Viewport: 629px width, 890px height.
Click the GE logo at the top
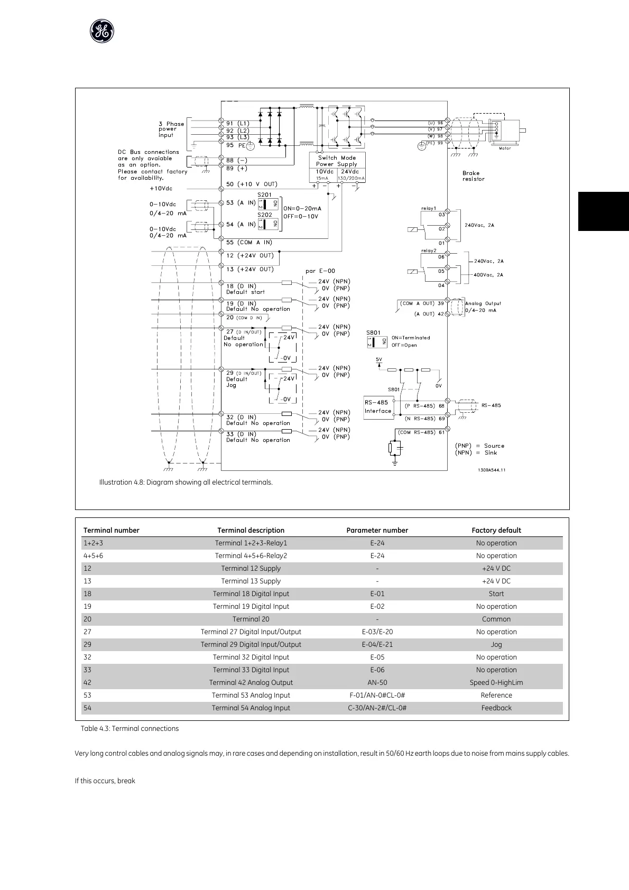click(101, 32)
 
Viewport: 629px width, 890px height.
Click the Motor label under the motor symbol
click(505, 149)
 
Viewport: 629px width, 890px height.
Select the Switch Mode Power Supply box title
click(337, 161)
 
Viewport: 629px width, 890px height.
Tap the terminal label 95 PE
click(236, 145)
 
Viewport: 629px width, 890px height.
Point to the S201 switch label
click(265, 195)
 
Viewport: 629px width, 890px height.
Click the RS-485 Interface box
click(378, 407)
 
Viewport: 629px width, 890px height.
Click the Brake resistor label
click(473, 176)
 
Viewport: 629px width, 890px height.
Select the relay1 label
click(429, 208)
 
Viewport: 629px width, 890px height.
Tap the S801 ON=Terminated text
click(411, 338)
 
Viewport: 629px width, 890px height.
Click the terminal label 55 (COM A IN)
click(249, 242)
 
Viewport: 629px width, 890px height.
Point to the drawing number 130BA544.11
click(491, 470)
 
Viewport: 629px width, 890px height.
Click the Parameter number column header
click(377, 530)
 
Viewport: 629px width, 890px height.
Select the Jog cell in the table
click(496, 644)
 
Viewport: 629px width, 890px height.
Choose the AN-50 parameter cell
click(377, 682)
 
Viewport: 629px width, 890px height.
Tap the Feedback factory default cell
click(496, 708)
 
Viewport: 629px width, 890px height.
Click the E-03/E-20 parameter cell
click(377, 632)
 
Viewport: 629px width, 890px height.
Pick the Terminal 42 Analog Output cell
click(251, 682)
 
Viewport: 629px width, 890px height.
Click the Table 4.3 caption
click(129, 728)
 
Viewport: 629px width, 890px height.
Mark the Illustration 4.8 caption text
click(186, 482)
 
